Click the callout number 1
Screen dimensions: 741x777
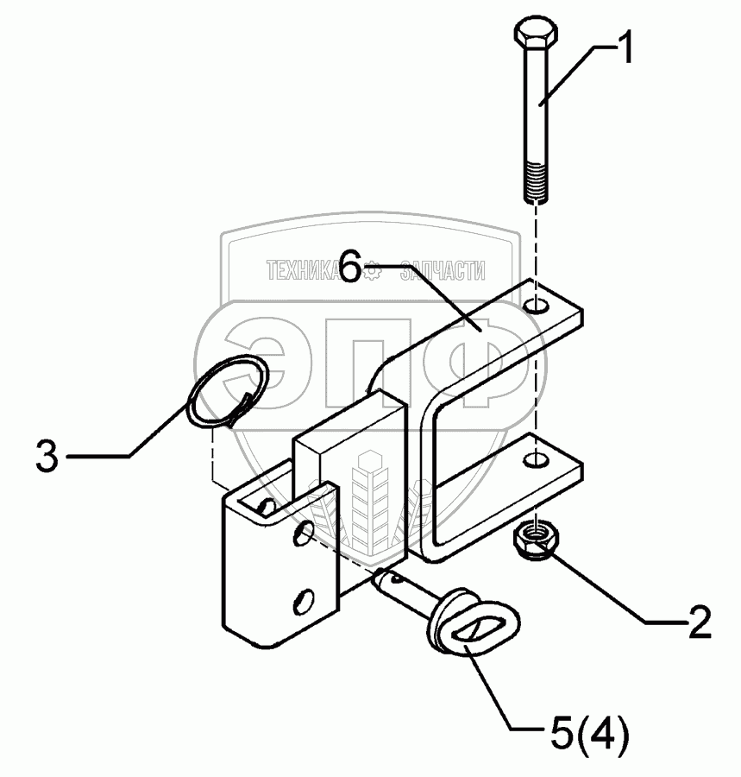622,48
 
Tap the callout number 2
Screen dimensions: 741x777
695,621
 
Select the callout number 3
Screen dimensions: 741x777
47,455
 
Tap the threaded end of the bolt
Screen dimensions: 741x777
535,184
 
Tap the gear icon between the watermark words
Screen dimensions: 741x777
372,271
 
